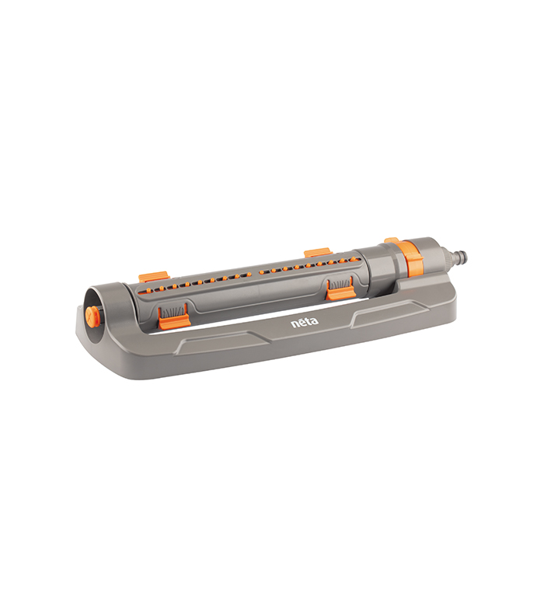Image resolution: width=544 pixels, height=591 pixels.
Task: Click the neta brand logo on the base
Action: point(304,321)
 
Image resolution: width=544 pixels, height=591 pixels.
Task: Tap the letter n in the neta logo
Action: point(295,322)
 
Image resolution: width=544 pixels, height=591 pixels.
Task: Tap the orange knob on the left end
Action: point(92,316)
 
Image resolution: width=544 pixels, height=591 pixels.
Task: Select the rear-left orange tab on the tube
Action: point(153,277)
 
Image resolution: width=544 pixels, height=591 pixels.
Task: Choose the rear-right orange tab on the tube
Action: point(317,253)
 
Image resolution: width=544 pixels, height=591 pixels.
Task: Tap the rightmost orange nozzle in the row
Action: point(357,259)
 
